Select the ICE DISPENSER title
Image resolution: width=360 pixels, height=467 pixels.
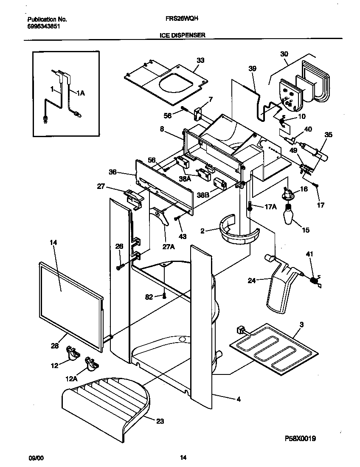tap(182, 36)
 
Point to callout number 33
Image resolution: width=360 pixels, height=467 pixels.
tap(200, 60)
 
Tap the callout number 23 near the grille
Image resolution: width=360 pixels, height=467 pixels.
tap(160, 421)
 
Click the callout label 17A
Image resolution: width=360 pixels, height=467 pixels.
tap(271, 207)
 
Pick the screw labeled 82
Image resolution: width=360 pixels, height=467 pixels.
tap(163, 296)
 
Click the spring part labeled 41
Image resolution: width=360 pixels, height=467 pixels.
tap(314, 281)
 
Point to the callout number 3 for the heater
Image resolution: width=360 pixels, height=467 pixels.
tap(301, 325)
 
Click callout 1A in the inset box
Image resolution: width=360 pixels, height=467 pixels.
tap(80, 93)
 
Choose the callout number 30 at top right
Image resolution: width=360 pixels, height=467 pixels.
tap(284, 54)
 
